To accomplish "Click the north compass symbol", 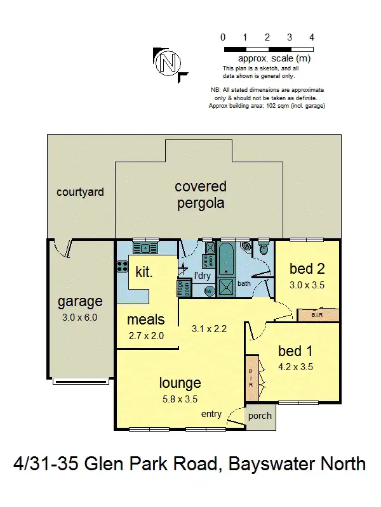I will click(168, 62).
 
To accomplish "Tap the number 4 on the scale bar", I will click(311, 37).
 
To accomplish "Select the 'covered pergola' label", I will click(201, 195).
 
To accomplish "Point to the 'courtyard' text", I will click(80, 191).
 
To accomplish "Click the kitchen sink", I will click(145, 248).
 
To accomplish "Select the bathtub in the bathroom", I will click(226, 260).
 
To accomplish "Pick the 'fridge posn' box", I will click(184, 288).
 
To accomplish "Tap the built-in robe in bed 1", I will click(251, 377).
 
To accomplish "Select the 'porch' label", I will click(260, 416).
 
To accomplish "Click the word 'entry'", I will click(211, 414).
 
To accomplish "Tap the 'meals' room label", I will click(145, 319).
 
